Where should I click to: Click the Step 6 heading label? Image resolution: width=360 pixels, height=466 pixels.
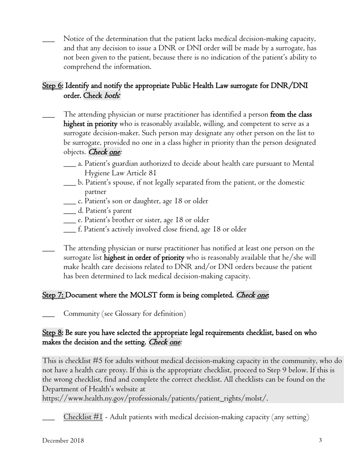click(x=52, y=86)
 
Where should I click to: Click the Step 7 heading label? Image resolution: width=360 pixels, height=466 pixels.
click(x=53, y=295)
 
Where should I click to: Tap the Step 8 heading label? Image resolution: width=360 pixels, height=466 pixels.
click(x=52, y=333)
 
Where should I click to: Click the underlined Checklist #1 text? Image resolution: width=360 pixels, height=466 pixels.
click(x=83, y=417)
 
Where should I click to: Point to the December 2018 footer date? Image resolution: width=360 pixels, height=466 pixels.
click(x=63, y=440)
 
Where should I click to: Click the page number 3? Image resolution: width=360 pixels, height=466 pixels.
click(x=320, y=440)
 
